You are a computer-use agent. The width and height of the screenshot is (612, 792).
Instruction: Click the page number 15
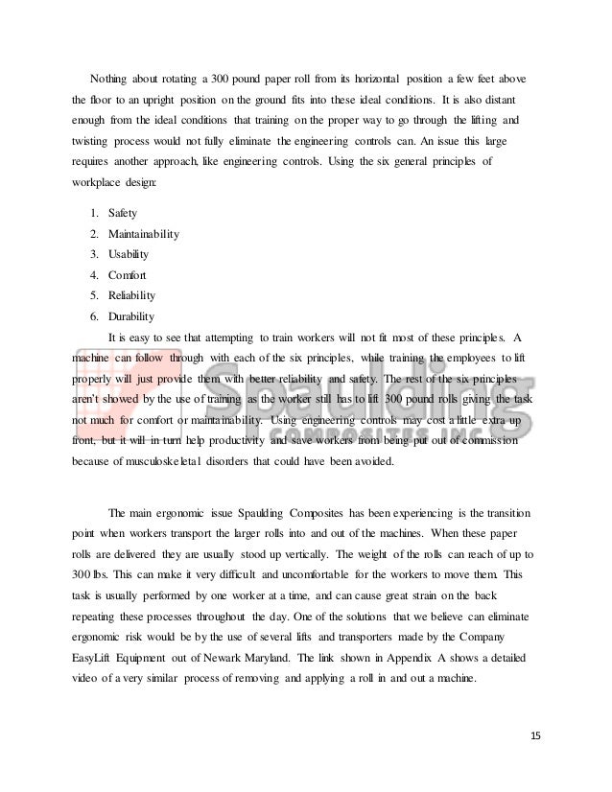[x=535, y=735]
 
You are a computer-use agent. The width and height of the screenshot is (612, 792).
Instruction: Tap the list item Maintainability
[x=144, y=233]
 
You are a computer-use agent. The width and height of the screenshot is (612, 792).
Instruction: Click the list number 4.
[x=93, y=275]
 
